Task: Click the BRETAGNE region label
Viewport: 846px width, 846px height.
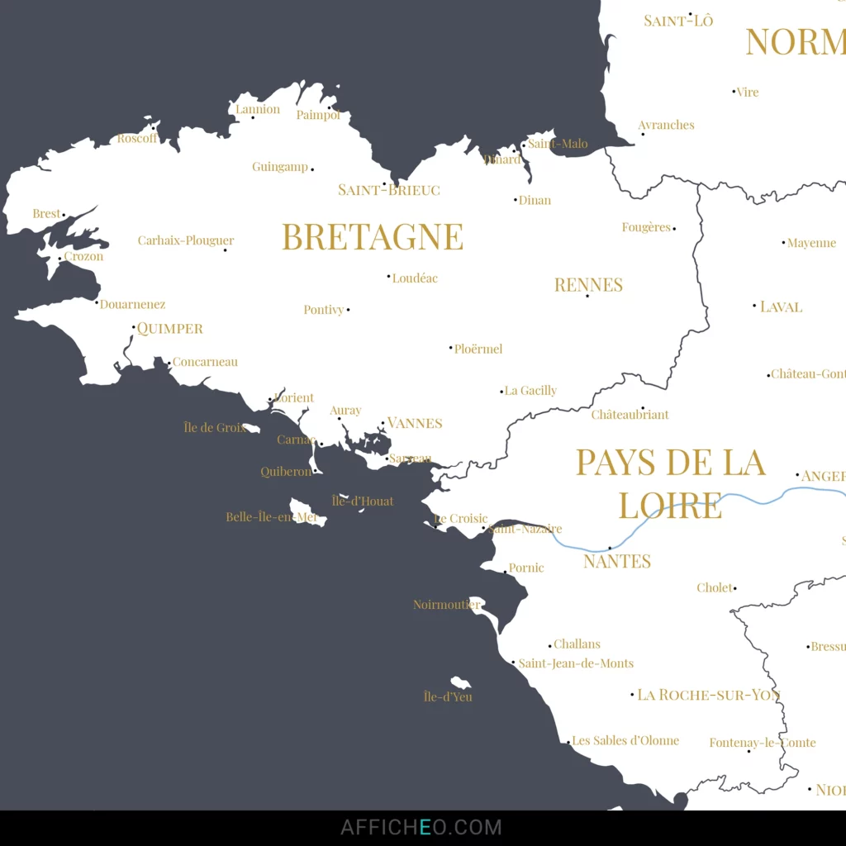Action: tap(373, 237)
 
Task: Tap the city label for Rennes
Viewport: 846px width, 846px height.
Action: tap(588, 285)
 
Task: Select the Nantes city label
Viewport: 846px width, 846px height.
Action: tap(617, 562)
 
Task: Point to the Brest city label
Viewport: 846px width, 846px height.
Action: tap(46, 214)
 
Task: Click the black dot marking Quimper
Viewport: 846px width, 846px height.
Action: tap(134, 327)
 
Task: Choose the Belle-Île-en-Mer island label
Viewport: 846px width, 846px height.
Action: tap(272, 517)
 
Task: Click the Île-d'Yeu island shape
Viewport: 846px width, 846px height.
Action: tap(460, 682)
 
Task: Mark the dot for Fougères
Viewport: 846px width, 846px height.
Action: tap(674, 228)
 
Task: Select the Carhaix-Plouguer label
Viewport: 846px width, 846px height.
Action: tap(186, 241)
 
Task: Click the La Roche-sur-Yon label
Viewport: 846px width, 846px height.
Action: tap(708, 695)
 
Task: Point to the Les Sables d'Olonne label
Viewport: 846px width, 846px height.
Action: tap(625, 740)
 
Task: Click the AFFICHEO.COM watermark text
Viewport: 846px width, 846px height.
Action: tap(421, 827)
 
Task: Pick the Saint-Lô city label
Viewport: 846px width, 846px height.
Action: tap(678, 21)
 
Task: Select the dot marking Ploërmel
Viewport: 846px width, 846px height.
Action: tap(451, 348)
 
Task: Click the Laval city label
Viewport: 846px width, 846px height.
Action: tap(781, 307)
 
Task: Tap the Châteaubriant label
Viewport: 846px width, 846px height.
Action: tap(630, 415)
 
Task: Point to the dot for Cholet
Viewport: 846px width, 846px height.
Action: tap(734, 588)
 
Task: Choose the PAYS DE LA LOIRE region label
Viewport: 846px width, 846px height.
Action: tap(670, 483)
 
